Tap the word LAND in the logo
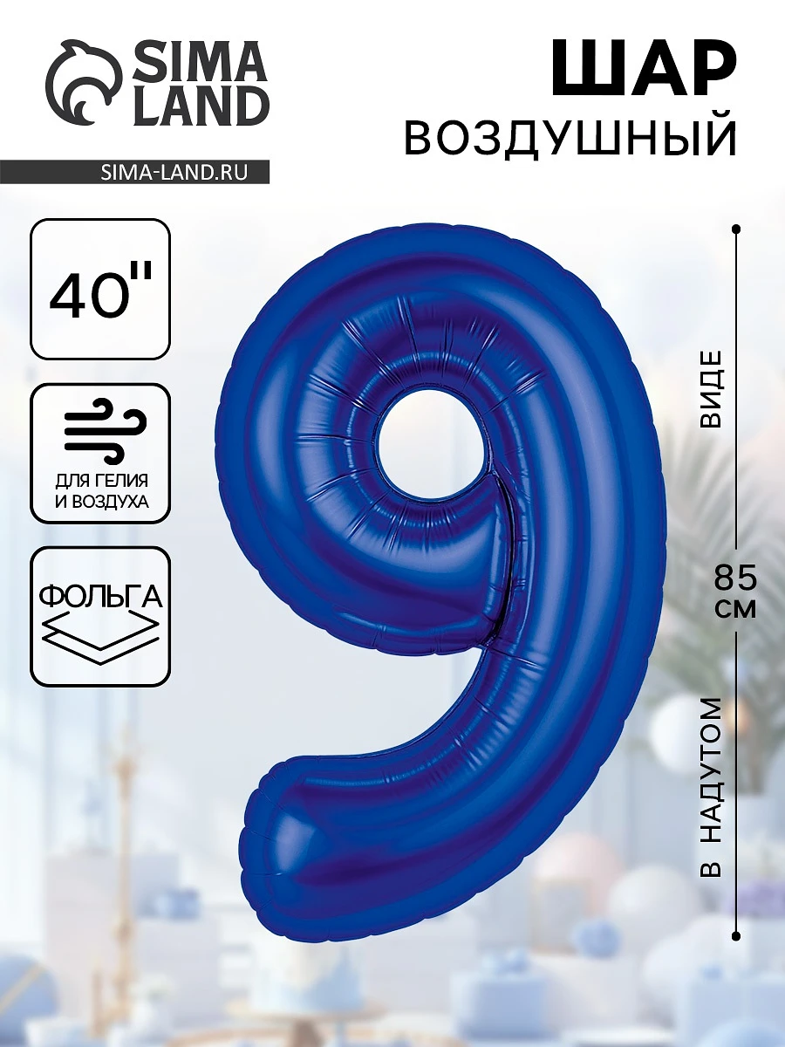point(198,106)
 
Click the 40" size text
point(101,290)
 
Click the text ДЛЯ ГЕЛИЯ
point(101,481)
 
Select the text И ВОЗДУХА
point(101,502)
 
